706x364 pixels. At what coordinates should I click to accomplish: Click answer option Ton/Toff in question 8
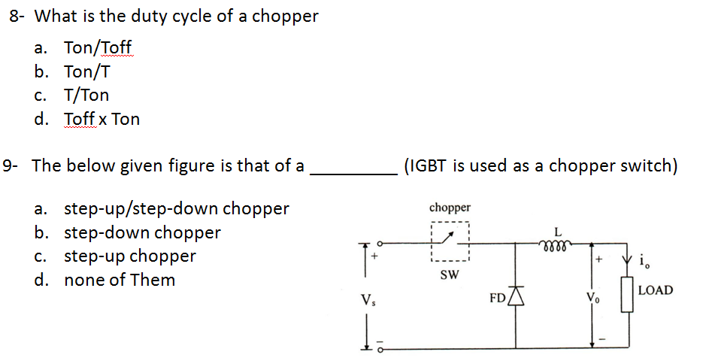click(98, 48)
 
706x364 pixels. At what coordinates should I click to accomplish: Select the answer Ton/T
click(88, 71)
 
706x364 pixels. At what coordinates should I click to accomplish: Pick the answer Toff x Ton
click(102, 119)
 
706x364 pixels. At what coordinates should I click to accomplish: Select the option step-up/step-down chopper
click(176, 208)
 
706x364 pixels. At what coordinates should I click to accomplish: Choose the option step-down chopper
click(142, 232)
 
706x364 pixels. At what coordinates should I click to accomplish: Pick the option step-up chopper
click(129, 256)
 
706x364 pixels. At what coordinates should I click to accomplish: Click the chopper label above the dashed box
click(450, 207)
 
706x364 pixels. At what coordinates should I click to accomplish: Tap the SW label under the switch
click(449, 275)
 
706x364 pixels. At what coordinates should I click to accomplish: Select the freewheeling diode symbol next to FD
click(516, 297)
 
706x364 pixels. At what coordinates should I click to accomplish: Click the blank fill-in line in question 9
click(353, 172)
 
